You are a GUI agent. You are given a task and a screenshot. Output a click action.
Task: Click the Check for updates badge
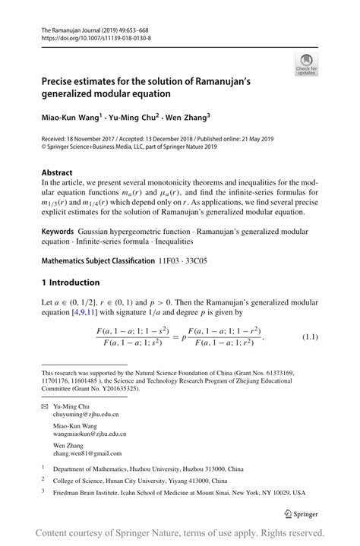306,64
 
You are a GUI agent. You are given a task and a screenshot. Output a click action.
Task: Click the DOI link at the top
96,36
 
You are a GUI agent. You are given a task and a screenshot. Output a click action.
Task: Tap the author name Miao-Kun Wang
73,118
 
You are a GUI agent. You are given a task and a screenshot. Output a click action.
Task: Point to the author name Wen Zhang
186,118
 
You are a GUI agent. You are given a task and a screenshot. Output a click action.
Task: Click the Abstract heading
58,172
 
